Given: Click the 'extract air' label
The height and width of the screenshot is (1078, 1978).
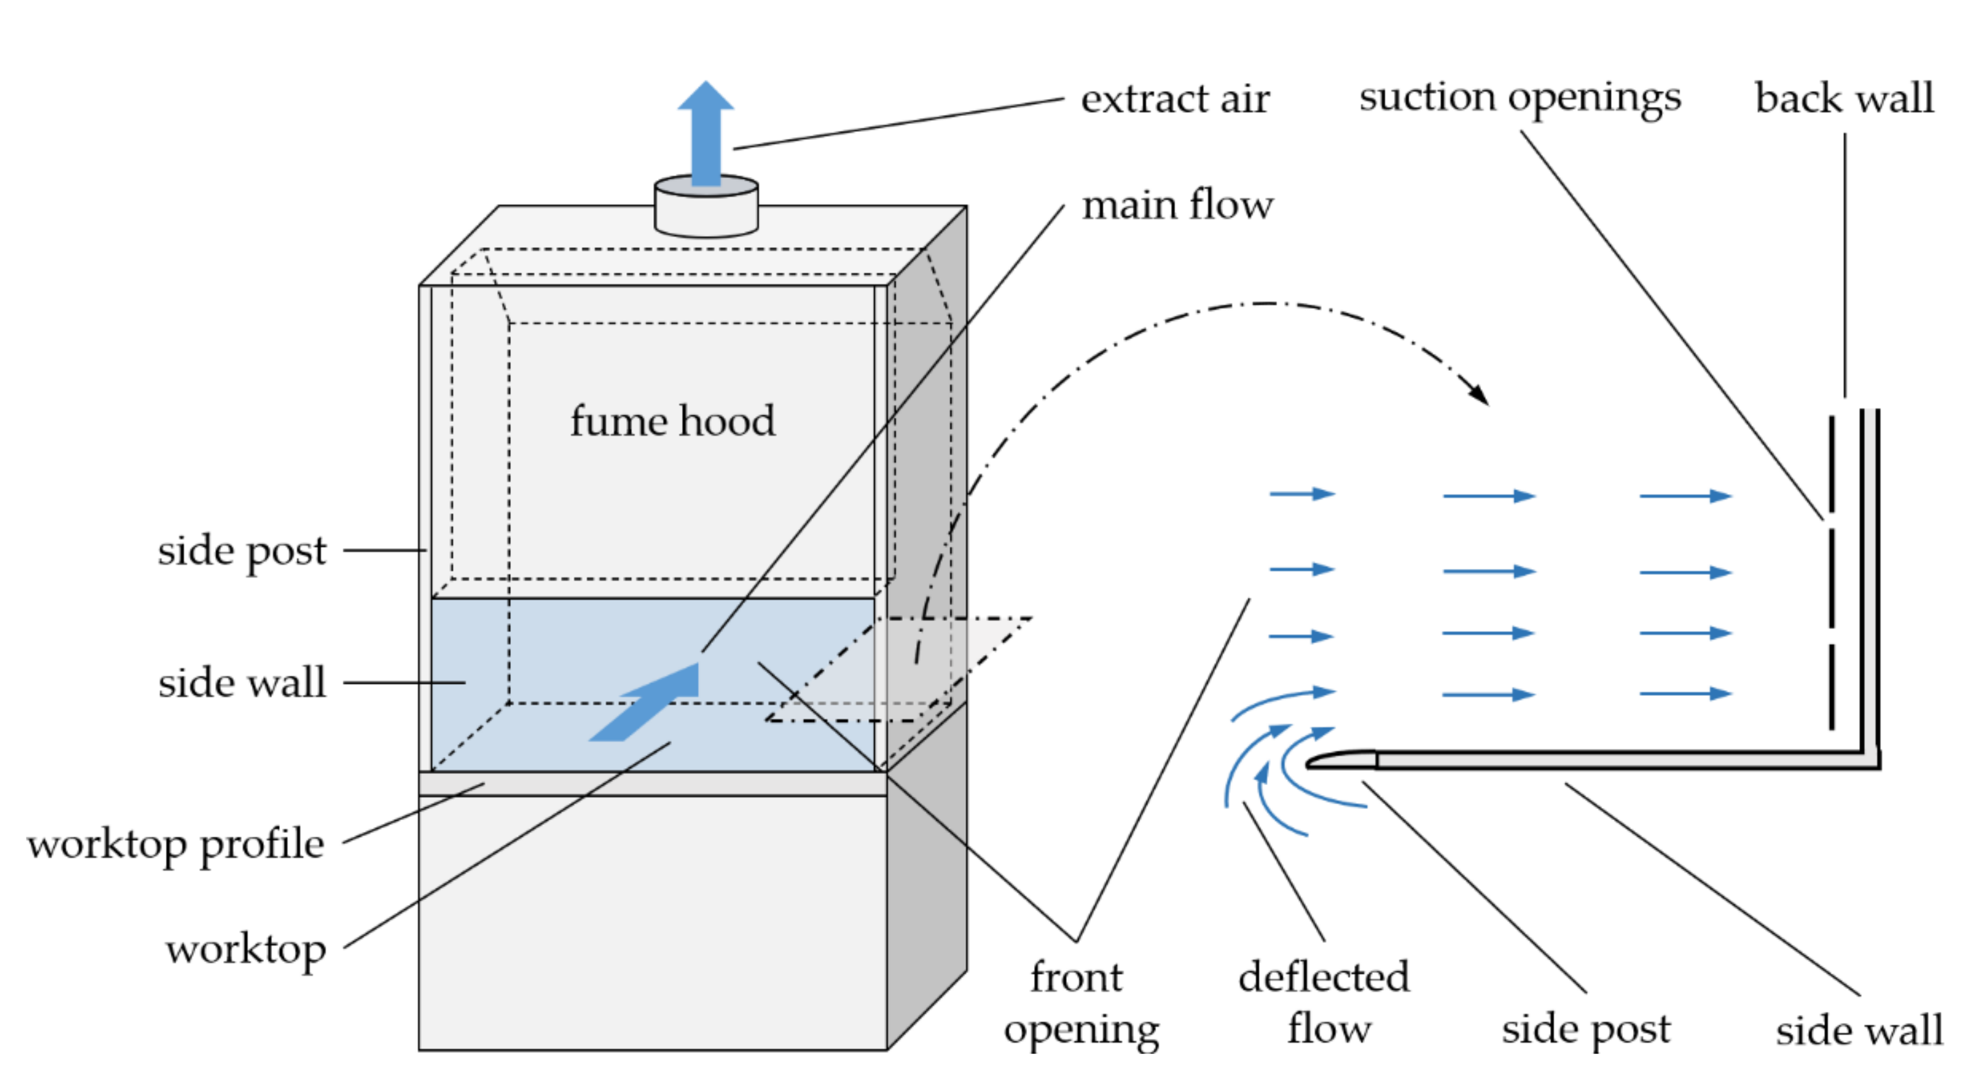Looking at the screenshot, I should click(x=1174, y=100).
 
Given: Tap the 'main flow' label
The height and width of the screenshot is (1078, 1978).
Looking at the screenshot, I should click(x=1176, y=206).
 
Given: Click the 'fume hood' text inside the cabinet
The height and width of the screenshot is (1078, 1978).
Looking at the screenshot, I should click(x=672, y=421).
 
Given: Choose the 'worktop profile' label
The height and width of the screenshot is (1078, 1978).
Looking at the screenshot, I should click(x=176, y=845).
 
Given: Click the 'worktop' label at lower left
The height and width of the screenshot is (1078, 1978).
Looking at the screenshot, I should click(x=245, y=950).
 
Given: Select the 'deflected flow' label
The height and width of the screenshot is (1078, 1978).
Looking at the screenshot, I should click(x=1324, y=1003).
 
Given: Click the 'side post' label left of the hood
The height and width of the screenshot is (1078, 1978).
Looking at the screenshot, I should click(x=242, y=551).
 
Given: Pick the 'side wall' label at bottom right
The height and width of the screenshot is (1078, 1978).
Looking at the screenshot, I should click(x=1858, y=1029).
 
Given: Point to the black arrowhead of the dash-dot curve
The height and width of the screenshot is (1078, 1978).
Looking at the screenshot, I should click(x=1479, y=394).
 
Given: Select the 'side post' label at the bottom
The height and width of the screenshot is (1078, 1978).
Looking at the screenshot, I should click(x=1585, y=1029).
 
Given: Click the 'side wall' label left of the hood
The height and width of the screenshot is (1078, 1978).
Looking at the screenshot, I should click(x=242, y=683).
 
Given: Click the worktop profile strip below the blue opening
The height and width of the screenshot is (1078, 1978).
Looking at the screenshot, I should click(x=653, y=784).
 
